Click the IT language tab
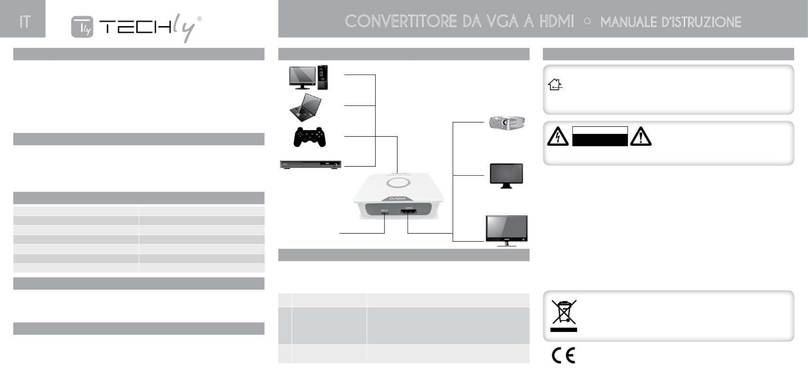point(24,22)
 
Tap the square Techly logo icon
point(82,27)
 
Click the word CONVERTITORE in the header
point(400,22)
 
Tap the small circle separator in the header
point(587,22)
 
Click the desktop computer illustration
point(308,77)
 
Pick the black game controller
point(309,137)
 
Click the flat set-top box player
point(311,164)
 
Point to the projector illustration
point(506,122)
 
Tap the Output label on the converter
point(397,198)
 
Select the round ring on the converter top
point(398,183)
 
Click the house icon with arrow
point(555,85)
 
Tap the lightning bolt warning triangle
point(558,137)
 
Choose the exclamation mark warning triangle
point(641,137)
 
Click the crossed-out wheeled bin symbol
point(564,312)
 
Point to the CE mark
point(563,355)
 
